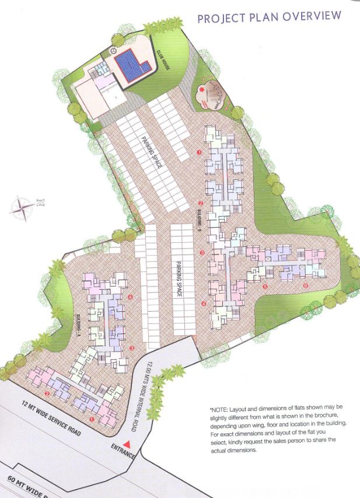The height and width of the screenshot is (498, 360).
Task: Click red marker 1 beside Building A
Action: pos(92,419)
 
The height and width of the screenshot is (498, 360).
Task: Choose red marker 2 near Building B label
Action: pos(201,203)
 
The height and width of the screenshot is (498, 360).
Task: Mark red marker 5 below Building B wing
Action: pos(264,287)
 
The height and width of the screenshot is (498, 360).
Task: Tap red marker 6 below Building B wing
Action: pos(305,285)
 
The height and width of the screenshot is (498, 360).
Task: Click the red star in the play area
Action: pos(202,90)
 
